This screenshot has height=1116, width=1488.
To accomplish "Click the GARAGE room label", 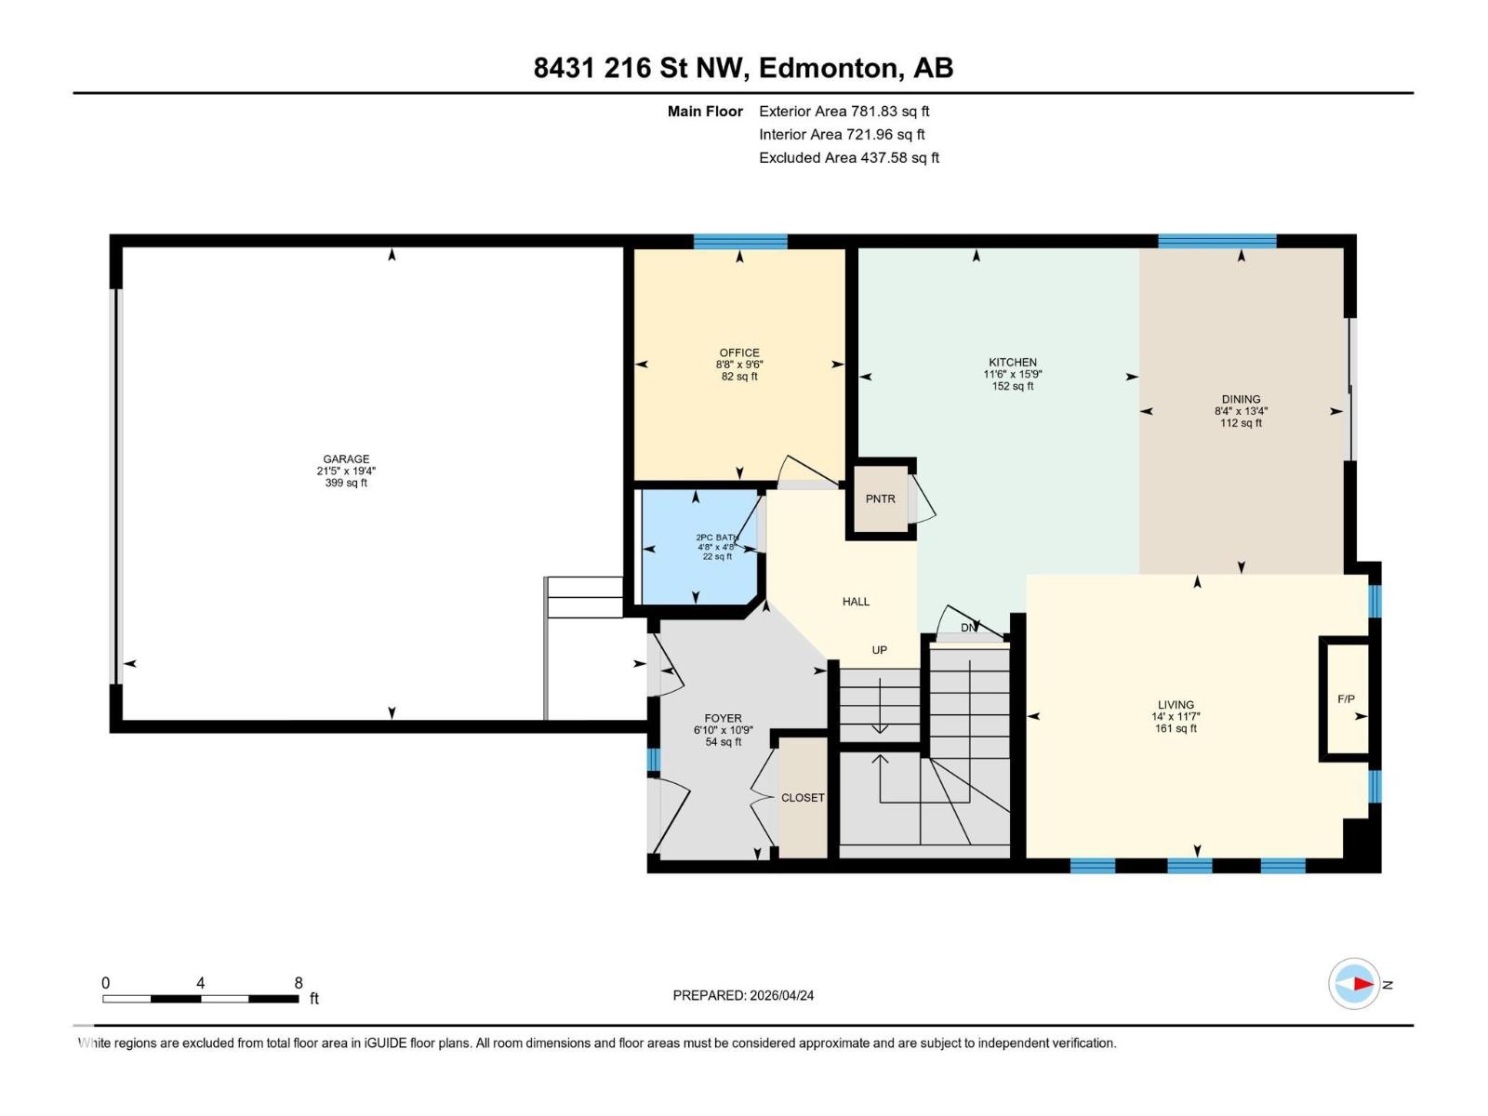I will [346, 458].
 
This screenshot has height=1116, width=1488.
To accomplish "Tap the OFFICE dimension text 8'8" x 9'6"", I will [739, 365].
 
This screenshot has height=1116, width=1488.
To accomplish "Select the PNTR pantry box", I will [880, 499].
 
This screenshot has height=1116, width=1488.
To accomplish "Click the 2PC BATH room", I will [699, 549].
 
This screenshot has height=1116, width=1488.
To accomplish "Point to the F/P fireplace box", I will [1346, 699].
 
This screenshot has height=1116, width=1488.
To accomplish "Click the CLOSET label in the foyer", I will [803, 798].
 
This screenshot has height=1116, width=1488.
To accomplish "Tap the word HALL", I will [856, 602].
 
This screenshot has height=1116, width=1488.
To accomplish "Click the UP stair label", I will [879, 650].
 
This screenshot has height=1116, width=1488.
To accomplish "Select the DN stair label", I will [969, 628].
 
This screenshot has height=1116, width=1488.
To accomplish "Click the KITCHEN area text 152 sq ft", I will [1013, 386].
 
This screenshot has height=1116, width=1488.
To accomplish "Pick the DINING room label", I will [1241, 399].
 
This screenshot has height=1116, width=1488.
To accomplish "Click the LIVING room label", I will [1176, 705].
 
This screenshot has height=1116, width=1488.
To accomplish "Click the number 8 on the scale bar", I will [299, 983].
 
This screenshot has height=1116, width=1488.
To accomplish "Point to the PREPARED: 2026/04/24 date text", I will [743, 995].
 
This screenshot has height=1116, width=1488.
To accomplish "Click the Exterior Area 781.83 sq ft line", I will [844, 112].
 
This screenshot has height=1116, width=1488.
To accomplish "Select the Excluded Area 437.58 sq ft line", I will [848, 158].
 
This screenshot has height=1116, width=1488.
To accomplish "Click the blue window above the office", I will [740, 242].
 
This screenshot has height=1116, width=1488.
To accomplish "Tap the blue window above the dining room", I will [1216, 242].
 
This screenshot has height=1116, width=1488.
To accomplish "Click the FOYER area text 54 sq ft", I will [723, 742].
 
